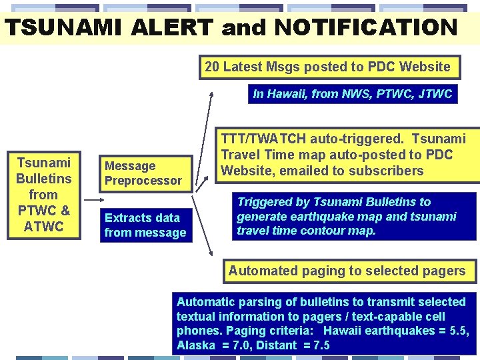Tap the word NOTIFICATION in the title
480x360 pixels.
pyautogui.click(x=365, y=28)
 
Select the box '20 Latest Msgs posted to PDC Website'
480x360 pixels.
pyautogui.click(x=327, y=67)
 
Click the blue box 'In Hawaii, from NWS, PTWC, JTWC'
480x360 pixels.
pyautogui.click(x=353, y=94)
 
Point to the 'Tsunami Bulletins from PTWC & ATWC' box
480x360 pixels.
pyautogui.click(x=43, y=195)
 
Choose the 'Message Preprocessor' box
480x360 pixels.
pyautogui.click(x=143, y=173)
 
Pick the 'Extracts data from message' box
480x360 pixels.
pyautogui.click(x=145, y=225)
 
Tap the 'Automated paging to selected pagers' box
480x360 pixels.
pyautogui.click(x=347, y=271)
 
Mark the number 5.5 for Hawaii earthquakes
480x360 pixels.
pyautogui.click(x=457, y=331)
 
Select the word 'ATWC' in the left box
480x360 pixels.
pyautogui.click(x=43, y=227)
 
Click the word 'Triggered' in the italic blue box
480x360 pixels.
pyautogui.click(x=265, y=202)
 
